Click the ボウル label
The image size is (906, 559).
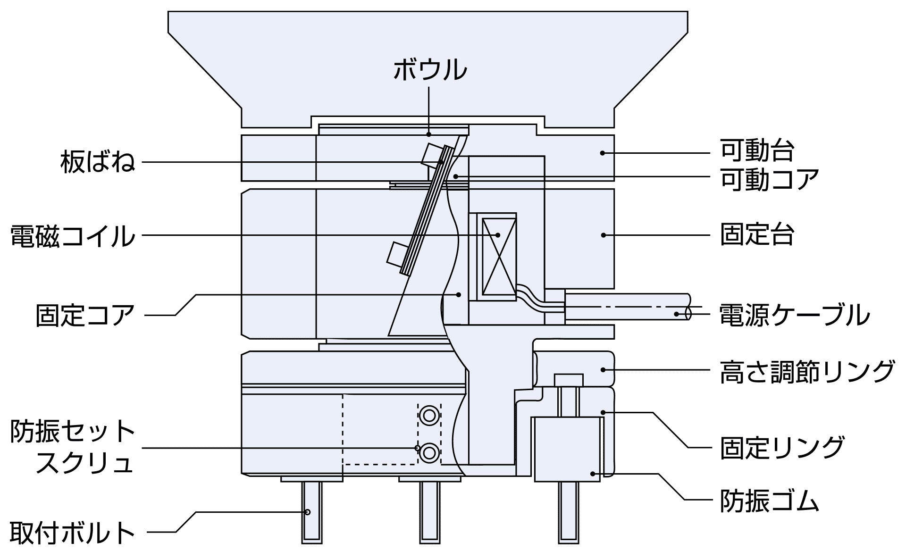click(x=430, y=70)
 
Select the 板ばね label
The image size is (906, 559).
click(x=98, y=162)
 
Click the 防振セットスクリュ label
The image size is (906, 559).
click(x=73, y=446)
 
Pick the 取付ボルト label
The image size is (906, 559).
click(x=73, y=533)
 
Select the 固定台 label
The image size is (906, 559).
click(x=757, y=234)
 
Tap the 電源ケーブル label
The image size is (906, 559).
click(x=795, y=315)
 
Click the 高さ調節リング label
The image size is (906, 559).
click(x=807, y=371)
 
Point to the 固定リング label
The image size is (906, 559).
click(x=782, y=447)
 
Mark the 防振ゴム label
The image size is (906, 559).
click(x=769, y=501)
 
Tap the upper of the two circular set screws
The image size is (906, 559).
click(x=429, y=416)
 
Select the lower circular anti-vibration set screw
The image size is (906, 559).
click(x=429, y=453)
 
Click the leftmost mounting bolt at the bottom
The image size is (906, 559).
click(x=312, y=512)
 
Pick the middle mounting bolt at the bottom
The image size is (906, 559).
click(x=429, y=512)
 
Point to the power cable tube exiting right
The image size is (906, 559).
click(x=628, y=307)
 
